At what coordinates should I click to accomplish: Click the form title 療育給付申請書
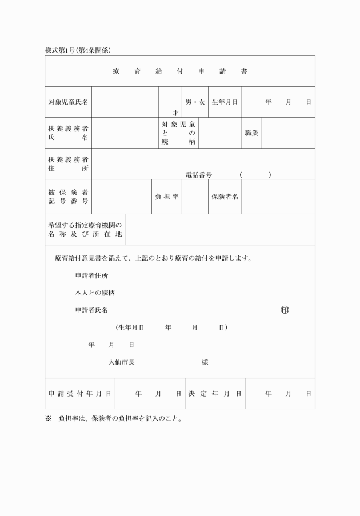coord(180,71)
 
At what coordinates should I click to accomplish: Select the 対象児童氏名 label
coord(68,102)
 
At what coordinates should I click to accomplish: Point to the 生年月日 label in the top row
coord(225,102)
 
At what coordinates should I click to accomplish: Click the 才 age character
coord(175,113)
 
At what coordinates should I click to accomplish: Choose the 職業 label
coord(251,133)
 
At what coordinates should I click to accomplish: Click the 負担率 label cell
coord(167,197)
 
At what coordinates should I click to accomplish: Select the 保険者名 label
coord(225,197)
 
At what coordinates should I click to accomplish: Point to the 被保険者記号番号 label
coord(68,197)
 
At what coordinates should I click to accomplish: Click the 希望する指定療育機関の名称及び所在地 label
coord(85,230)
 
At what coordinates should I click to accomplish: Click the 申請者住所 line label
coord(91,275)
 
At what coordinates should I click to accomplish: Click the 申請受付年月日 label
coord(80,394)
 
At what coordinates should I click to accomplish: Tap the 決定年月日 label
coord(215,394)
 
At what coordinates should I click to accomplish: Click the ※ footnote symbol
coord(48,418)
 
